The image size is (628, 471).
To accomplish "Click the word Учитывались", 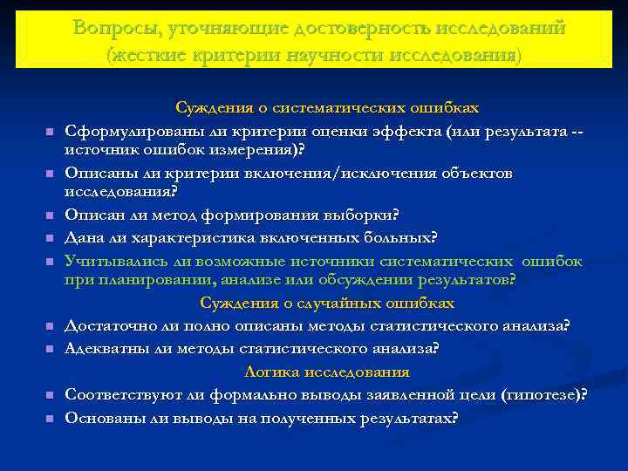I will coord(112,261).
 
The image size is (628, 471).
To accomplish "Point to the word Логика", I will coord(272,372).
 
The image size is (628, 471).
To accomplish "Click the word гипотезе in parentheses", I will coord(544,394).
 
